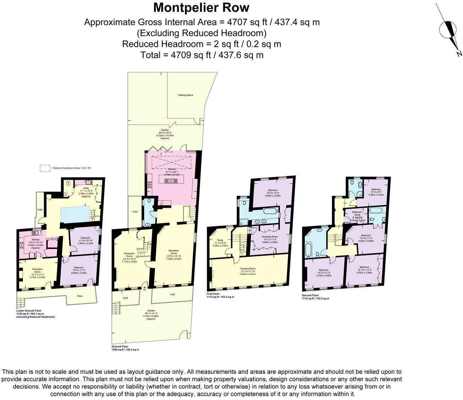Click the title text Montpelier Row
pos(201,7)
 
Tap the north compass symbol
pos(448,30)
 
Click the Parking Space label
pos(185,95)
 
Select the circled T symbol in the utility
pos(68,183)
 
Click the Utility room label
pos(86,188)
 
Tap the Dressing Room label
pos(270,237)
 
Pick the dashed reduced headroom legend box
pos(45,168)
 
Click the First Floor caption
pos(213,294)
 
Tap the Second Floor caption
pos(310,295)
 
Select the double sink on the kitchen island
pos(171,180)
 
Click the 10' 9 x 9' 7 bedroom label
pos(376,190)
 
